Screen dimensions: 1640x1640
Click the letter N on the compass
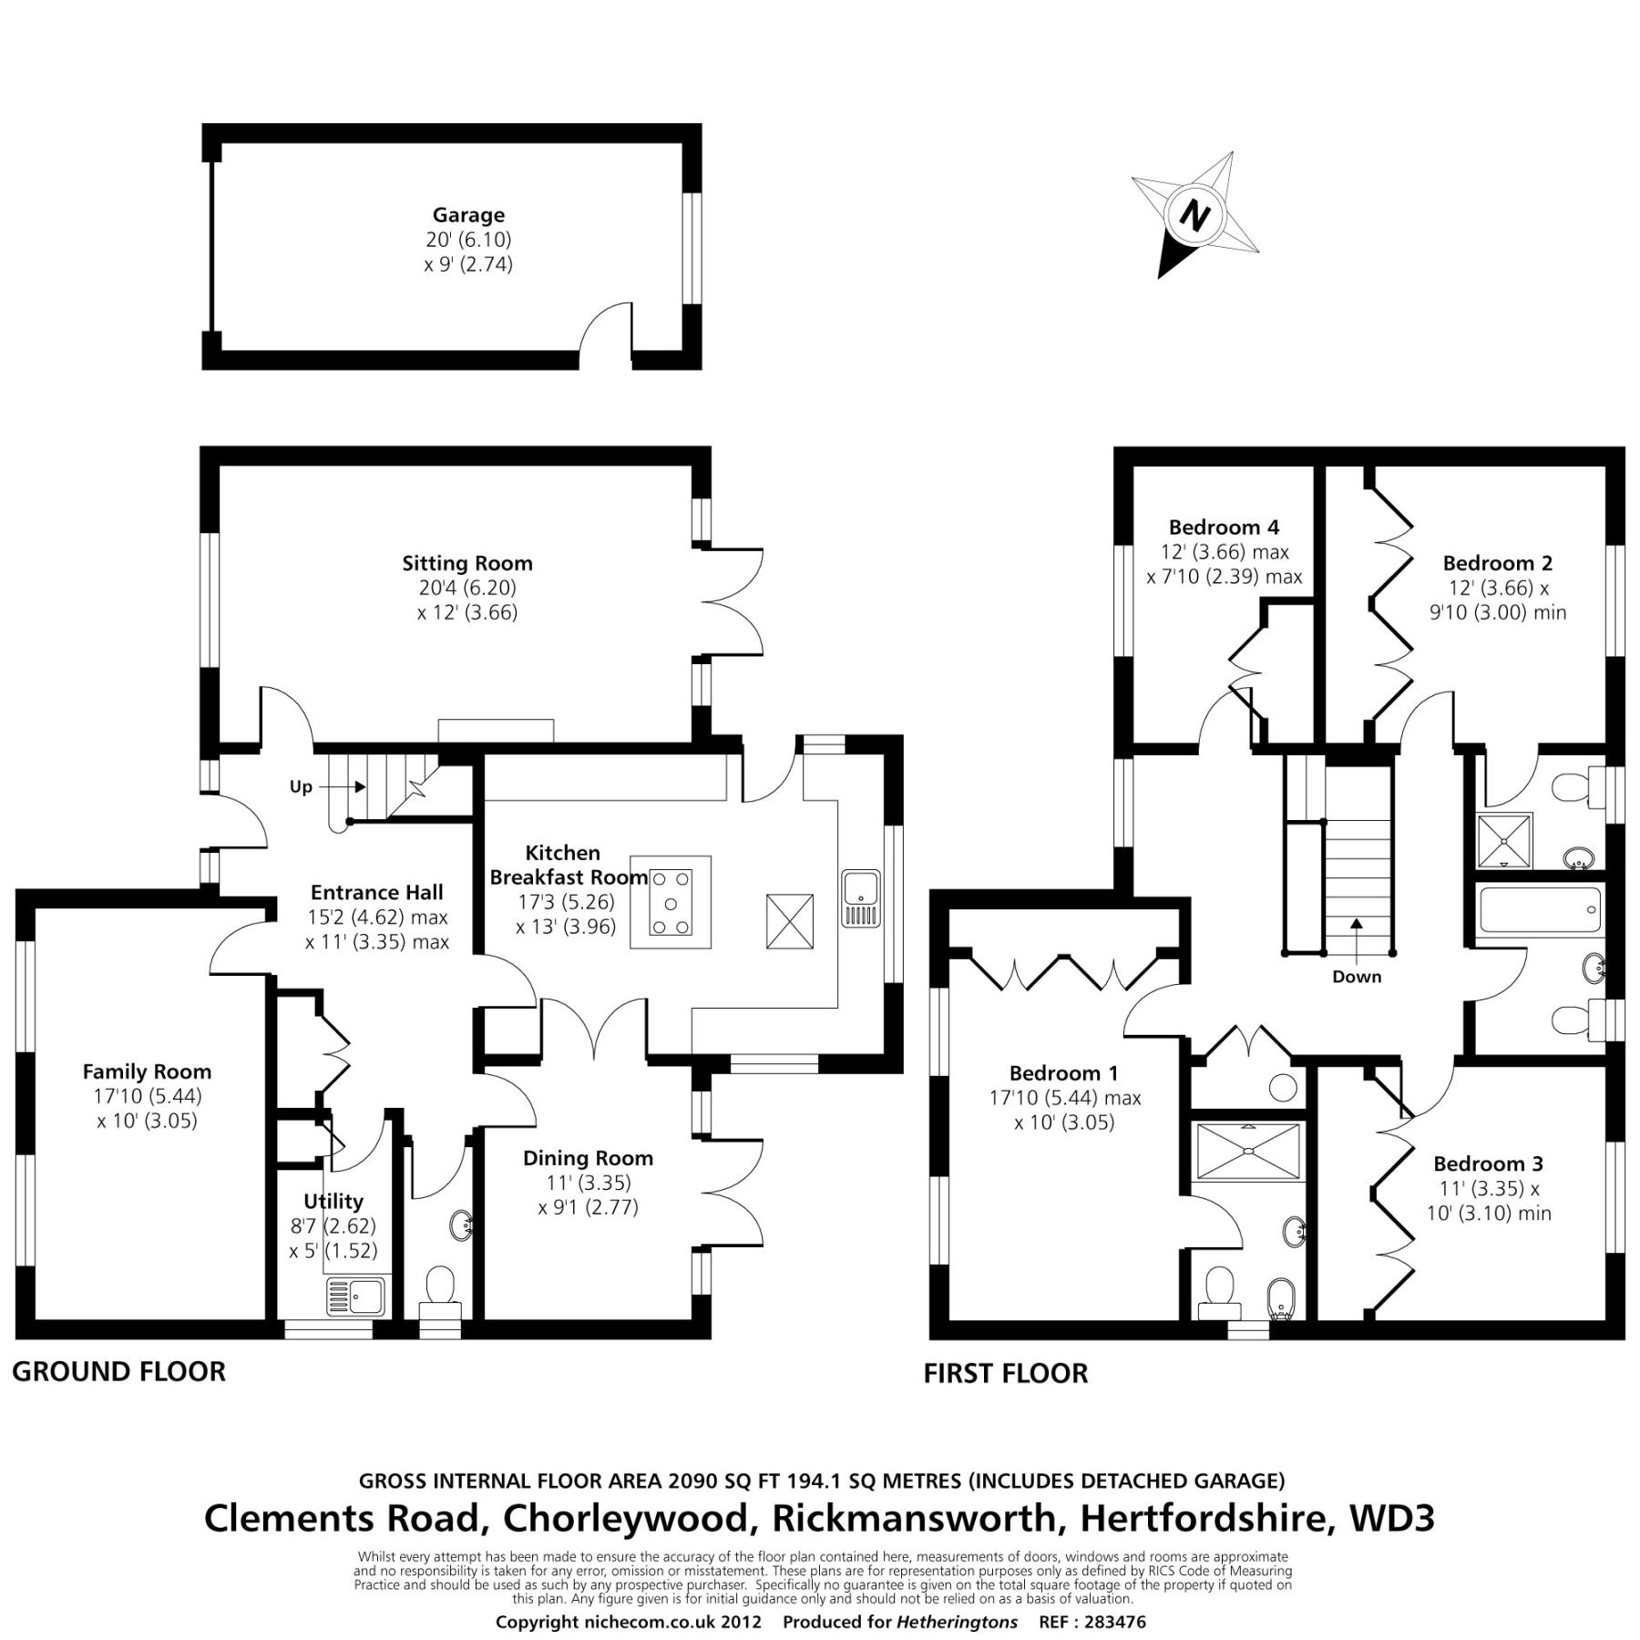click(1194, 216)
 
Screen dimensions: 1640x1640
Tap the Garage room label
click(468, 215)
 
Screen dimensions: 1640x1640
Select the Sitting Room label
click(467, 563)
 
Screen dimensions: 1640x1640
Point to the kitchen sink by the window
click(860, 898)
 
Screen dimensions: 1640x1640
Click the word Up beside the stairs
click(301, 786)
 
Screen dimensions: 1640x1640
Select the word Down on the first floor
click(1357, 977)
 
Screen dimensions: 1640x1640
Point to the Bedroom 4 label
click(1224, 527)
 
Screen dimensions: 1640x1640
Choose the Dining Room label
click(588, 1158)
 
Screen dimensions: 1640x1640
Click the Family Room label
click(147, 1071)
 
